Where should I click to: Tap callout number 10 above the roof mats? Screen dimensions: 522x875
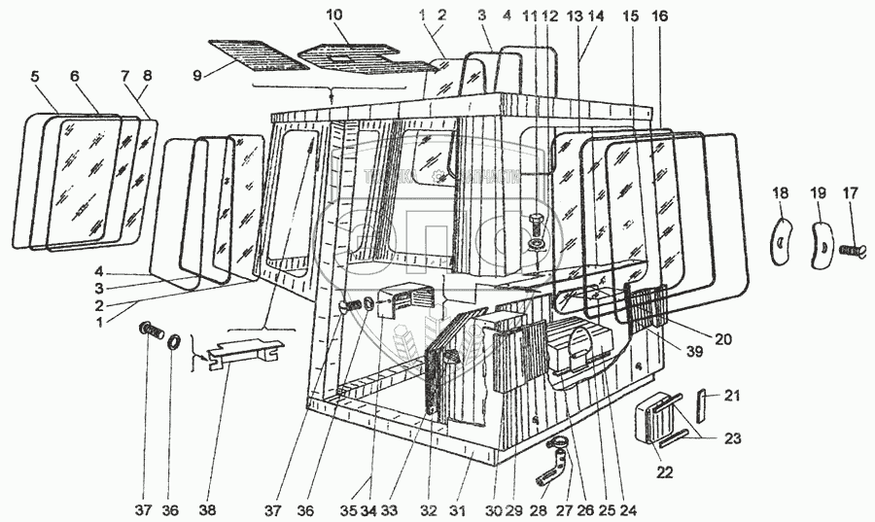[x=334, y=17]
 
